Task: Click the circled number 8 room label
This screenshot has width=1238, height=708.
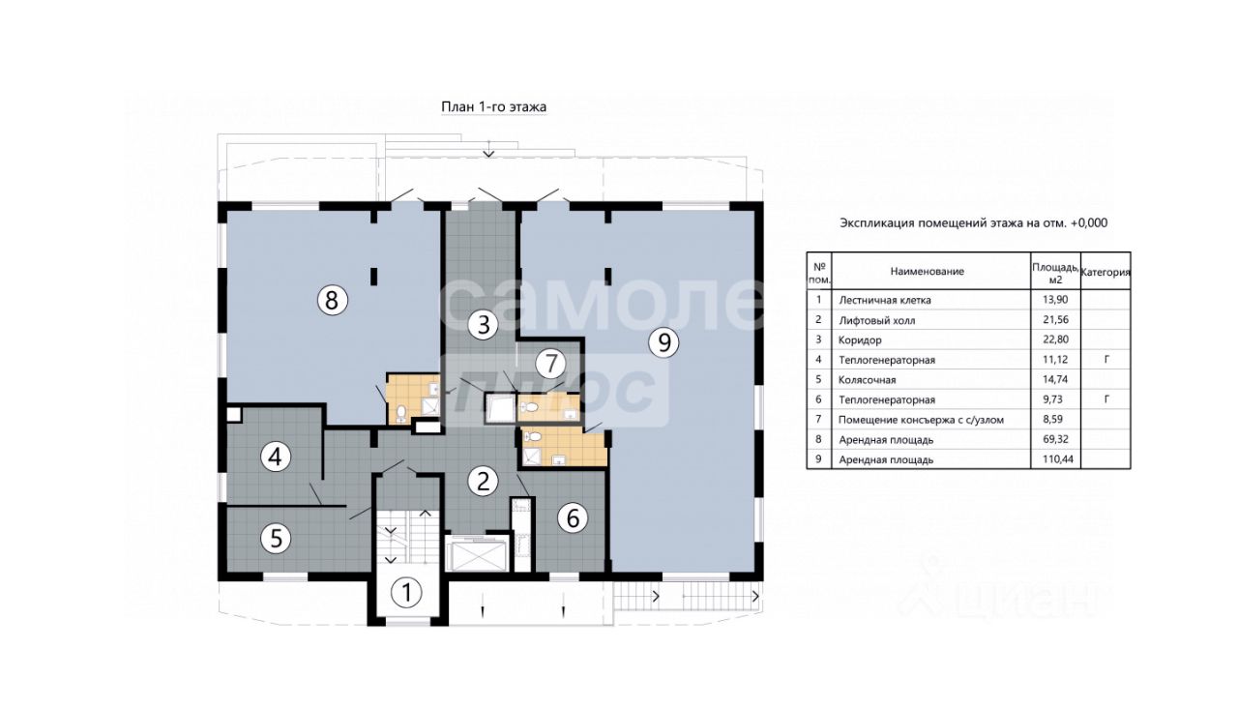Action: coord(332,300)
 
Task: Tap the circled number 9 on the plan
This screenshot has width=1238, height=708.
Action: coord(663,342)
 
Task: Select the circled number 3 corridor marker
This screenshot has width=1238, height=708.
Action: coord(483,325)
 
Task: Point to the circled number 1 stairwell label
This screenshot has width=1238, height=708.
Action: coord(406,593)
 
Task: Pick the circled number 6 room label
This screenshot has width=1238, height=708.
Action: coord(573,518)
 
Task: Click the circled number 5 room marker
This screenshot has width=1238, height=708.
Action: coord(276,538)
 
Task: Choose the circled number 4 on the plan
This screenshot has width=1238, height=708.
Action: coord(276,457)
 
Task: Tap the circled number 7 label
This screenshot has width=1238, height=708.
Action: coord(550,364)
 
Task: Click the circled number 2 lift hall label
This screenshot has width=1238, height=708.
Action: coord(483,481)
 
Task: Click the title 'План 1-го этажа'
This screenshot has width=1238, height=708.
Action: coord(493,106)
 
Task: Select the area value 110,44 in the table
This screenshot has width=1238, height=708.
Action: coord(1055,459)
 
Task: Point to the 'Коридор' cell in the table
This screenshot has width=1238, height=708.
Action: coord(860,339)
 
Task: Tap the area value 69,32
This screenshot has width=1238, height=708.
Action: coord(1055,439)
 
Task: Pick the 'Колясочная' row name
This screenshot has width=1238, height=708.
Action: coord(868,380)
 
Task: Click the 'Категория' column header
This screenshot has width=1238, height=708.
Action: coord(1105,272)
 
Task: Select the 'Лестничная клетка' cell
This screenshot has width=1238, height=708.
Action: coord(885,300)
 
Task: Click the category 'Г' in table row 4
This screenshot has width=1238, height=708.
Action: coord(1105,359)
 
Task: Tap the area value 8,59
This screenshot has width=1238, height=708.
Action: coord(1055,420)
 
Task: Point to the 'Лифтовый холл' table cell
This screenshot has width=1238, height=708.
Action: coord(877,320)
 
